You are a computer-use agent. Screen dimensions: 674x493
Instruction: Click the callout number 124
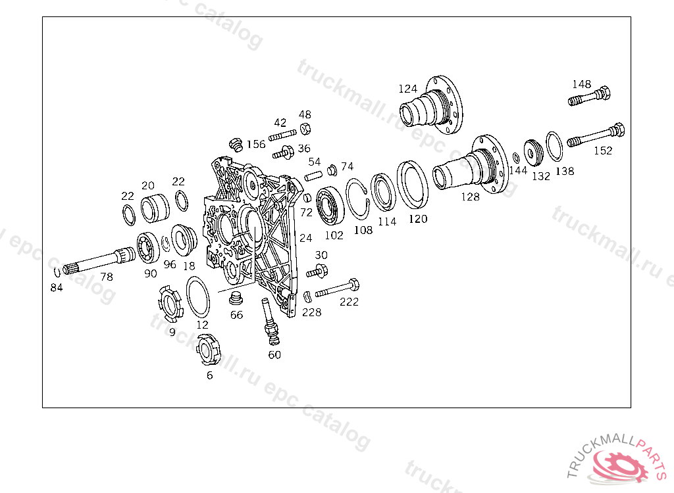[408, 89]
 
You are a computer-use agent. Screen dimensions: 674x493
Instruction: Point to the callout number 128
[470, 197]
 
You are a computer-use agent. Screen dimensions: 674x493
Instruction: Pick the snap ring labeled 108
[357, 199]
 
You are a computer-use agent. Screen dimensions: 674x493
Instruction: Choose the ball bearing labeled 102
[330, 206]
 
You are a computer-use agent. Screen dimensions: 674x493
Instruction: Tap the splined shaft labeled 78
[99, 260]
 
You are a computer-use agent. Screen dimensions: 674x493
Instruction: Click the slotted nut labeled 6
[209, 350]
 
